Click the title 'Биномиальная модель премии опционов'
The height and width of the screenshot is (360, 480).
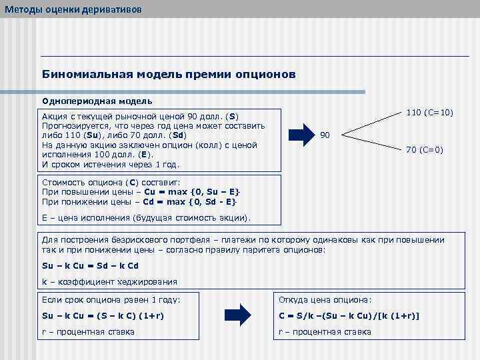(x=169, y=74)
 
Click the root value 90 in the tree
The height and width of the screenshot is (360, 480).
(x=325, y=135)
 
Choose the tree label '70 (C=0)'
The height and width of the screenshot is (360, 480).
(x=425, y=150)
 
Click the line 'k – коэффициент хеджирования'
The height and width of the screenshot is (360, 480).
(x=109, y=281)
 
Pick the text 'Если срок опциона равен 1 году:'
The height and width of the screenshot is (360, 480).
(x=111, y=299)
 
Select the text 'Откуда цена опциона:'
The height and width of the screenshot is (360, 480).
(x=324, y=299)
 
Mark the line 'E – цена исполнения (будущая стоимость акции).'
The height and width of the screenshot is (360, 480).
(x=146, y=218)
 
